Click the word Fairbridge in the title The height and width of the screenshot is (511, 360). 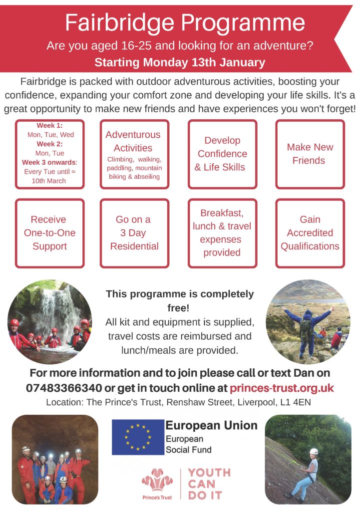click(120, 23)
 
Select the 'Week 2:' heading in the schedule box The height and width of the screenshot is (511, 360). click(49, 144)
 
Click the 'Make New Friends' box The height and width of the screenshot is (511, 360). click(310, 154)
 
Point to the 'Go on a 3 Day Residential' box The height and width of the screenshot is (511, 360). click(134, 233)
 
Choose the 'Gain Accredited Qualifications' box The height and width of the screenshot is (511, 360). click(310, 233)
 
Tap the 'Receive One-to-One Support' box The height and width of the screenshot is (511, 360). click(49, 233)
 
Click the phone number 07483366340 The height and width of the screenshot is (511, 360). click(64, 388)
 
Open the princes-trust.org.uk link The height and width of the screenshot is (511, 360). click(282, 388)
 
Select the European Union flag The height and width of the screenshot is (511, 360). click(138, 437)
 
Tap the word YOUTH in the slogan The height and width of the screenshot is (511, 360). click(209, 473)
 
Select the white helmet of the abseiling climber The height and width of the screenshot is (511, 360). click(314, 451)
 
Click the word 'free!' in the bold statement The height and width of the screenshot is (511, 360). click(178, 307)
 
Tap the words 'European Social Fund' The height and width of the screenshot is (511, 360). click(188, 444)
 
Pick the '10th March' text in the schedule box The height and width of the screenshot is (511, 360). click(48, 181)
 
